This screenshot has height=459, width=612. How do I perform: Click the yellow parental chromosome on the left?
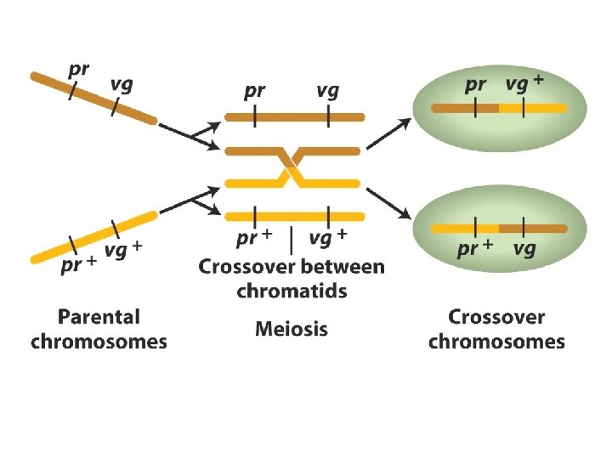(93, 233)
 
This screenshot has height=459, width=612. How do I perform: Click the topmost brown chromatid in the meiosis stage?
(293, 117)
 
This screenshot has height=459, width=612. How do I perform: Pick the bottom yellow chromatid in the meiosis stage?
(293, 216)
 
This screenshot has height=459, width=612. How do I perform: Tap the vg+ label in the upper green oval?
(525, 83)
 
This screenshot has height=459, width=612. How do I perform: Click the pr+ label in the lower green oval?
(476, 249)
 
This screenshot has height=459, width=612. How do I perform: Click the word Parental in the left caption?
(99, 318)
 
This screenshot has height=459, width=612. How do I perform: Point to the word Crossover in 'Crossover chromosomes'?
(496, 318)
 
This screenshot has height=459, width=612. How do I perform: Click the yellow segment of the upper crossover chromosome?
(532, 108)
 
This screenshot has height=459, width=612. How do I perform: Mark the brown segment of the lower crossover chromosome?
(532, 228)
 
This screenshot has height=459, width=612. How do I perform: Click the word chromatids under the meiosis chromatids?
(292, 291)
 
